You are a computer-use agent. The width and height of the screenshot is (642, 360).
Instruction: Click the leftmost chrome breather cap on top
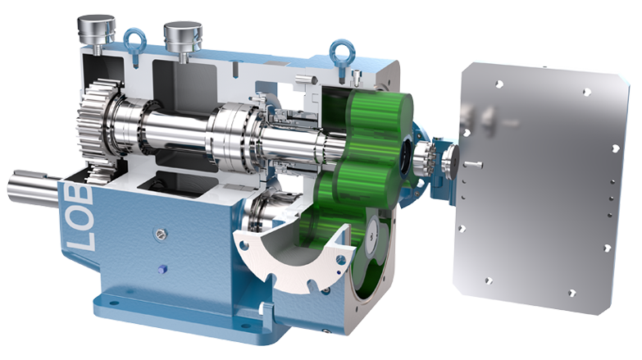[x=96, y=30]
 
